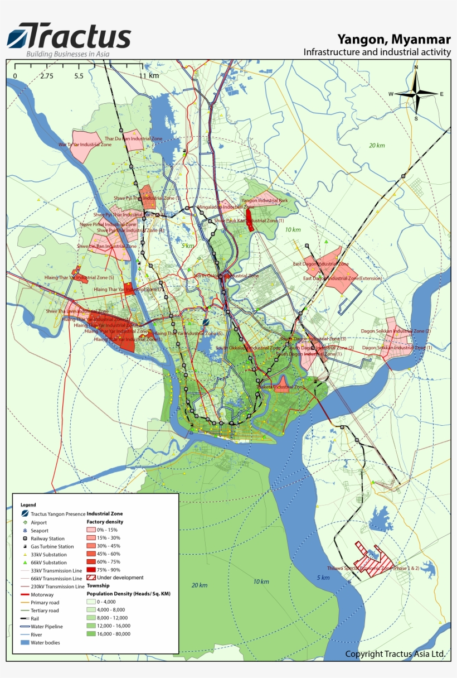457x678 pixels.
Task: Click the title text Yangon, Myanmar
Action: pos(394,39)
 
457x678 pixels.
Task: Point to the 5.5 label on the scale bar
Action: pos(79,76)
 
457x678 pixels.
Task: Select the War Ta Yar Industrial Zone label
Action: pos(85,145)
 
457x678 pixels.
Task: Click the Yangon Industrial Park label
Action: pos(264,200)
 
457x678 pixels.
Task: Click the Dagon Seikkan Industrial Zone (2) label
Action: pos(396,331)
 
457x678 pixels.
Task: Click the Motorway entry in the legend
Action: pos(42,595)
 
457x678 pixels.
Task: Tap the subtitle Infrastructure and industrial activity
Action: pos(377,52)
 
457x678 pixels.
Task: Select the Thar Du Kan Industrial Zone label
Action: pos(134,138)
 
